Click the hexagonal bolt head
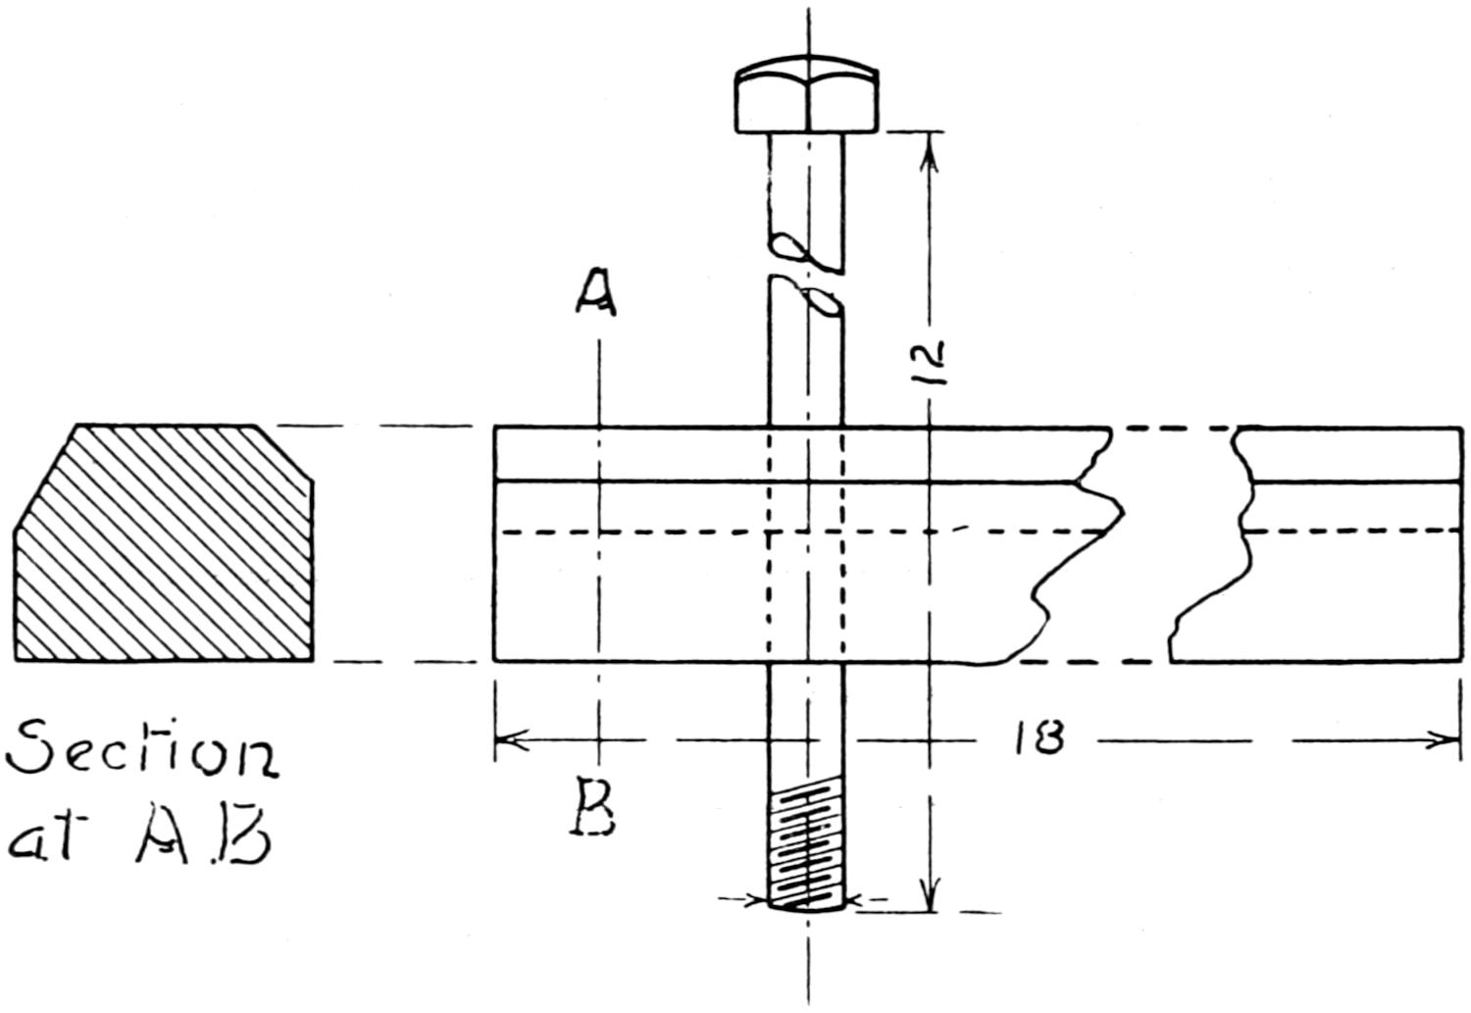point(807,98)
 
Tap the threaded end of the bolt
point(806,847)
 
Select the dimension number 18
point(1040,737)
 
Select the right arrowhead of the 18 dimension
point(1447,739)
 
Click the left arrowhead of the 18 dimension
point(509,739)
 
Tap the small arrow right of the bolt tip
point(859,898)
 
